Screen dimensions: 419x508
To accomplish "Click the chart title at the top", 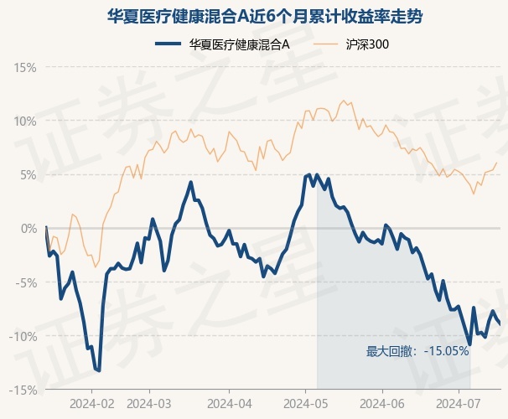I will (x=253, y=16).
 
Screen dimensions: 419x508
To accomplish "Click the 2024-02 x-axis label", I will (x=91, y=403).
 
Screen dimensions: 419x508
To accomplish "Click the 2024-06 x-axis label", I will (x=382, y=403).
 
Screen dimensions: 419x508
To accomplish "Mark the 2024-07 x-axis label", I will (x=459, y=403).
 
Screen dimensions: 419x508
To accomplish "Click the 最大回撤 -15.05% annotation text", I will (x=417, y=351).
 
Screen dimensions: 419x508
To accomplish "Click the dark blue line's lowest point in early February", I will (x=99, y=370).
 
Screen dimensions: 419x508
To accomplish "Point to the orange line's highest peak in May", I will (x=343, y=101).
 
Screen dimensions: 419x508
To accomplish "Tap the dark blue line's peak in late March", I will (x=191, y=182).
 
